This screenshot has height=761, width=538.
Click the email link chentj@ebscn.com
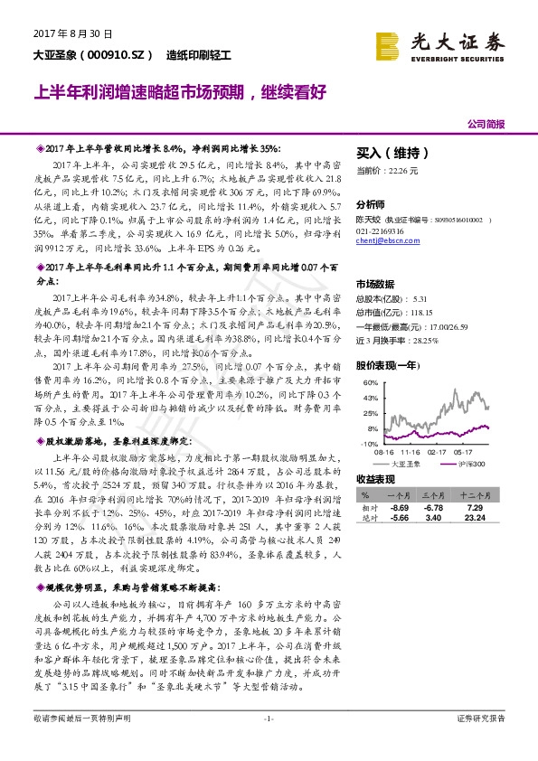383,242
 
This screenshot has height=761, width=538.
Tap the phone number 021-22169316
381,231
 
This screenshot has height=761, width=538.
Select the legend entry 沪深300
471,463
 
